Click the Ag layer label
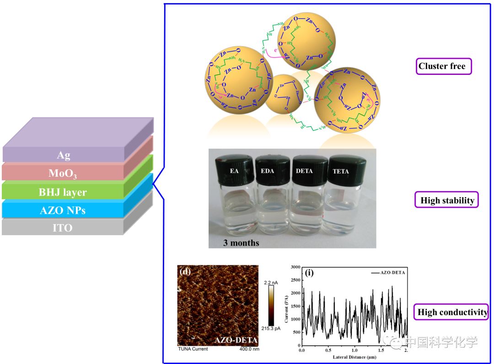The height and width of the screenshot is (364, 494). coord(63,155)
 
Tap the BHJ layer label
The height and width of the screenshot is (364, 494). coord(63,192)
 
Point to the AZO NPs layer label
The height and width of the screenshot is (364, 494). coord(63,211)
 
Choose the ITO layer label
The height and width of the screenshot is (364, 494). coord(62,227)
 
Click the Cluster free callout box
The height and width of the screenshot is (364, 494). coord(442,66)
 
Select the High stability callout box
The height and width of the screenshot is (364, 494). coord(447,200)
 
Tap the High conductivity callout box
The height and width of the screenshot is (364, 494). coord(452,312)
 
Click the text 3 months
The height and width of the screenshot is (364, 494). coord(241,243)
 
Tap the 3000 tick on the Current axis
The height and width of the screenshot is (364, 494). coord(293,267)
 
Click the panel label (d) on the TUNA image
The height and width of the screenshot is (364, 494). coord(185,272)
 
